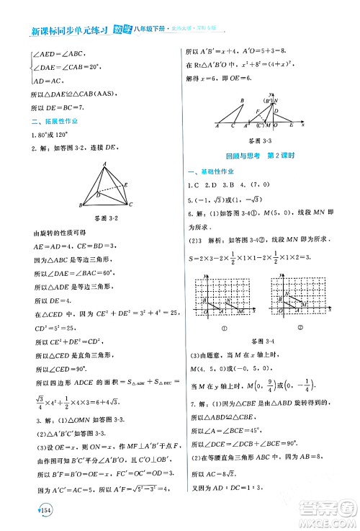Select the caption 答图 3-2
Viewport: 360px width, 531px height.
pyautogui.click(x=105, y=218)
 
